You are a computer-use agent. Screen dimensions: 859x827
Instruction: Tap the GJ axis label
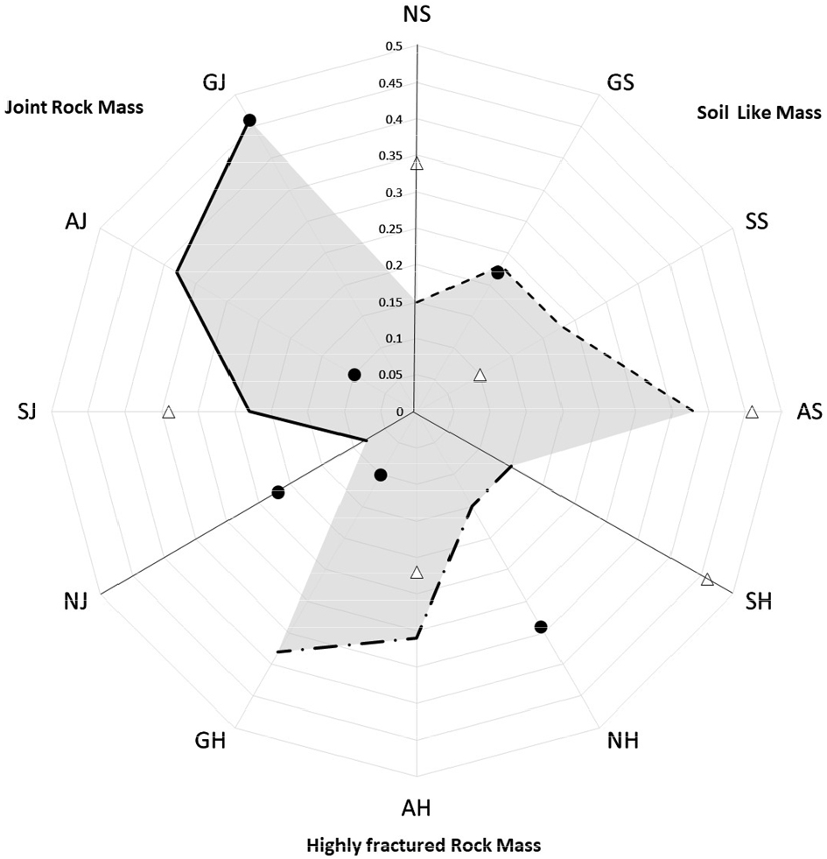[214, 82]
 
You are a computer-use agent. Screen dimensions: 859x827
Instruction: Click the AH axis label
[417, 806]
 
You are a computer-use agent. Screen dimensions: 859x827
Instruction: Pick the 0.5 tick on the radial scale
[392, 46]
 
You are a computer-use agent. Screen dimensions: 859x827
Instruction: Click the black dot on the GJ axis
[249, 120]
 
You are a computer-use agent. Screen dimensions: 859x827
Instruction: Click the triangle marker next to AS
[751, 412]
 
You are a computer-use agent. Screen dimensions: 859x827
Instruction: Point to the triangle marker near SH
[707, 579]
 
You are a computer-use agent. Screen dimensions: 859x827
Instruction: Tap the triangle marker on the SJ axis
[169, 412]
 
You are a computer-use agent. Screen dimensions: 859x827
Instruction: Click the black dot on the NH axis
[540, 626]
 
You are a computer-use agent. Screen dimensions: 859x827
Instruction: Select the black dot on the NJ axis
[278, 492]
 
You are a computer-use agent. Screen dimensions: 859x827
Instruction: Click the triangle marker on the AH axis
[417, 574]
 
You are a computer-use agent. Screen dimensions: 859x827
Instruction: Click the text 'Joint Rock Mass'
[74, 108]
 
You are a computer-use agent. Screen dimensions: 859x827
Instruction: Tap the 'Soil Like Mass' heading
[759, 112]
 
